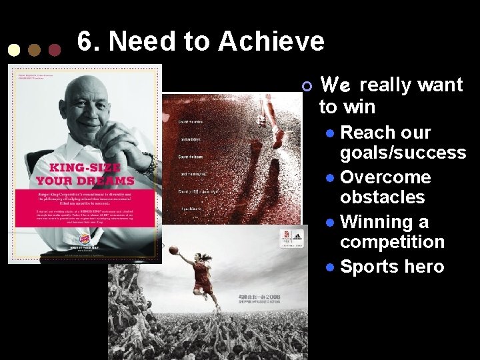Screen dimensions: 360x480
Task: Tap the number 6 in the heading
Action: point(85,41)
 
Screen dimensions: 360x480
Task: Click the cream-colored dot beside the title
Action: point(13,50)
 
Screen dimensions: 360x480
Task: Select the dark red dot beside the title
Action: point(55,50)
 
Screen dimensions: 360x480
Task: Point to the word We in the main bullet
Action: point(336,85)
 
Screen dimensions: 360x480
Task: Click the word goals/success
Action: point(403,153)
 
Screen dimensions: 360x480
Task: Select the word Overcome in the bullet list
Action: point(385,177)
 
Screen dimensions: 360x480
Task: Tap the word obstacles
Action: point(382,197)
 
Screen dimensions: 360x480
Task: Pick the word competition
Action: point(392,241)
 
